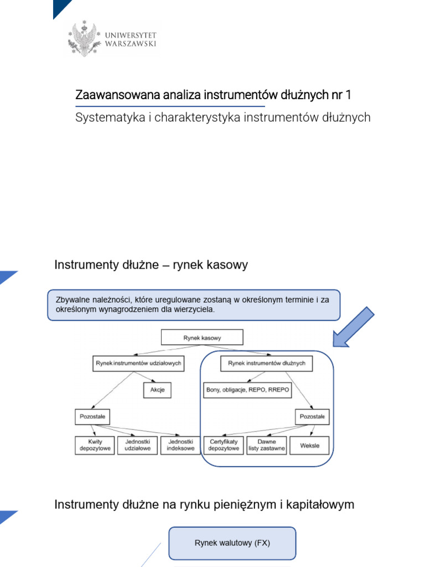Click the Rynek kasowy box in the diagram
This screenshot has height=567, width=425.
202,337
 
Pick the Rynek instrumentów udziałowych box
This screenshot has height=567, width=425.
138,363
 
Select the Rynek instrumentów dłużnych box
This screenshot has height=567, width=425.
266,363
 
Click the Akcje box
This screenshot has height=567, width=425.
157,389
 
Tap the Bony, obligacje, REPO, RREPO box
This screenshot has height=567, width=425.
247,389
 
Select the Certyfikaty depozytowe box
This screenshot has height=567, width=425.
224,445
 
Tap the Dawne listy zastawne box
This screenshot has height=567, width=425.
266,445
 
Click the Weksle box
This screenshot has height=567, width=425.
309,445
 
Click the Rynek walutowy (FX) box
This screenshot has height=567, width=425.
232,543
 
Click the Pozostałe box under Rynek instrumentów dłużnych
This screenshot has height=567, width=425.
312,416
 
